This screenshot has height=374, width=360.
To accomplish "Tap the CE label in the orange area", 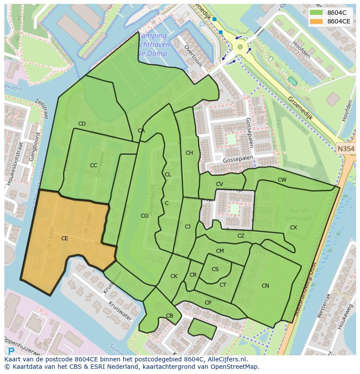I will click(64, 238).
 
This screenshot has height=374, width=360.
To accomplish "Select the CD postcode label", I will click(82, 124).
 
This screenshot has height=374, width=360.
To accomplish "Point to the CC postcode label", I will click(93, 165).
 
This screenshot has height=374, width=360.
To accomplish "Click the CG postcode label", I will click(144, 216).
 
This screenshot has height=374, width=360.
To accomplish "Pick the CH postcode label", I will click(189, 153).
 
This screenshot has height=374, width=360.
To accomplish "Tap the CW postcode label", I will click(282, 180).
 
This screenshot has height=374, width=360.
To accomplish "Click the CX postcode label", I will click(293, 228).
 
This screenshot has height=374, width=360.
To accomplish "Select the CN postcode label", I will click(265, 286).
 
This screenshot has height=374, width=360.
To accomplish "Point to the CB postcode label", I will click(170, 316).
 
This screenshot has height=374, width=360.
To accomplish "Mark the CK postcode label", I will click(174, 276).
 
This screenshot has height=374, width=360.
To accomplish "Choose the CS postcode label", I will click(215, 269).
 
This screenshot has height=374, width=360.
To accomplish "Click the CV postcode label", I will click(220, 185).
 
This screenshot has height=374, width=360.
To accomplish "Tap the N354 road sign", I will click(346, 149).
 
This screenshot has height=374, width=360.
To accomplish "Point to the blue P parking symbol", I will click(11, 351).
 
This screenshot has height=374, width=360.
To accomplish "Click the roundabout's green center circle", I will click(240, 46).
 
